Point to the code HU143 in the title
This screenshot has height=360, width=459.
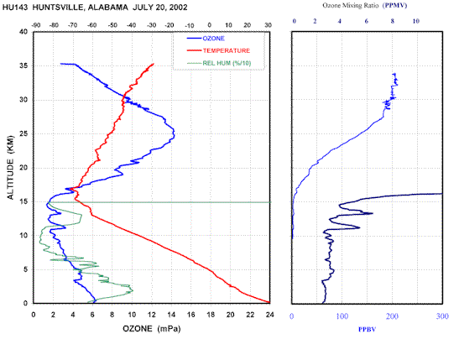pos(15,8)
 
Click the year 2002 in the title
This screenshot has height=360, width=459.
pos(177,8)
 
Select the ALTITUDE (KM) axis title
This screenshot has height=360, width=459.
pos(11,168)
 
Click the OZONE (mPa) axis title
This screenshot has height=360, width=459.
pos(152,329)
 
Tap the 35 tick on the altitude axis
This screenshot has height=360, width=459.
pos(23,65)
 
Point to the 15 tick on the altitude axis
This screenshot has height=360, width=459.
pos(23,201)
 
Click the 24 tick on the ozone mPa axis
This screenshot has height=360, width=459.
pos(269,315)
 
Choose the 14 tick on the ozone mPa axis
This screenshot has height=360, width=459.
pos(171,315)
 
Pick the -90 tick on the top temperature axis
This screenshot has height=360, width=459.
pos(35,25)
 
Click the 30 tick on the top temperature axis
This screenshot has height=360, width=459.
pos(269,25)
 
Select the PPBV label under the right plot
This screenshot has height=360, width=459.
pos(367,330)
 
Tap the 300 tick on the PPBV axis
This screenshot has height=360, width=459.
pos(442,316)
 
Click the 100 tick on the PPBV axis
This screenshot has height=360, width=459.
pos(342,316)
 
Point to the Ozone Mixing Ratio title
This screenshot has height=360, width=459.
pos(351,6)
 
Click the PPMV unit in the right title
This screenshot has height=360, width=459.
pos(395,6)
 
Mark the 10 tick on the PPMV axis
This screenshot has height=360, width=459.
pos(416,21)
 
